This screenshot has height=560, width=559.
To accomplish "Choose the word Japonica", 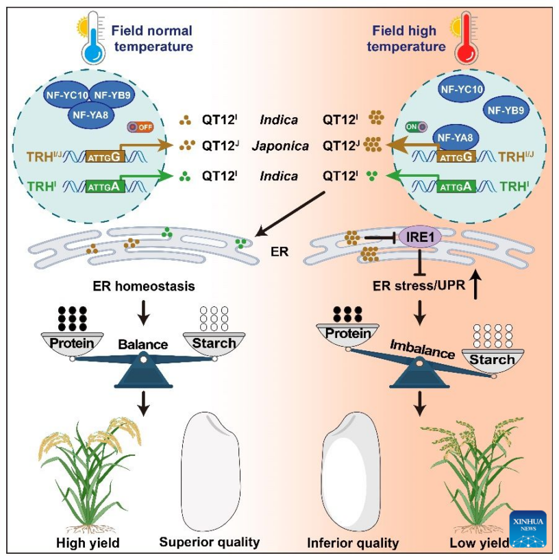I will pyautogui.click(x=279, y=145).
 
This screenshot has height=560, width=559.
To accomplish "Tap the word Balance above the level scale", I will pyautogui.click(x=142, y=343).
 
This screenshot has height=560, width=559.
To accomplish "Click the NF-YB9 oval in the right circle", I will pyautogui.click(x=507, y=108).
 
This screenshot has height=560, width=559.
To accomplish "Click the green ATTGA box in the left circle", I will pyautogui.click(x=105, y=184).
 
